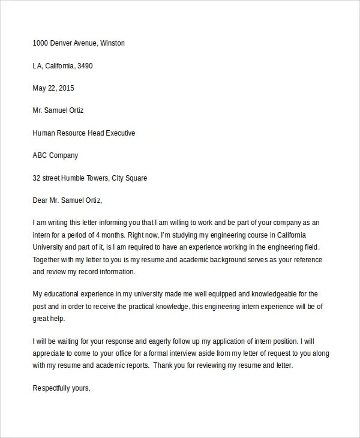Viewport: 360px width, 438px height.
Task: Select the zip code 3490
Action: click(85, 65)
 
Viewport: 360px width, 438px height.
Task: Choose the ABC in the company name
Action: click(41, 155)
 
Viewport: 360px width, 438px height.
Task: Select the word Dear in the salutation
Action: click(41, 200)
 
